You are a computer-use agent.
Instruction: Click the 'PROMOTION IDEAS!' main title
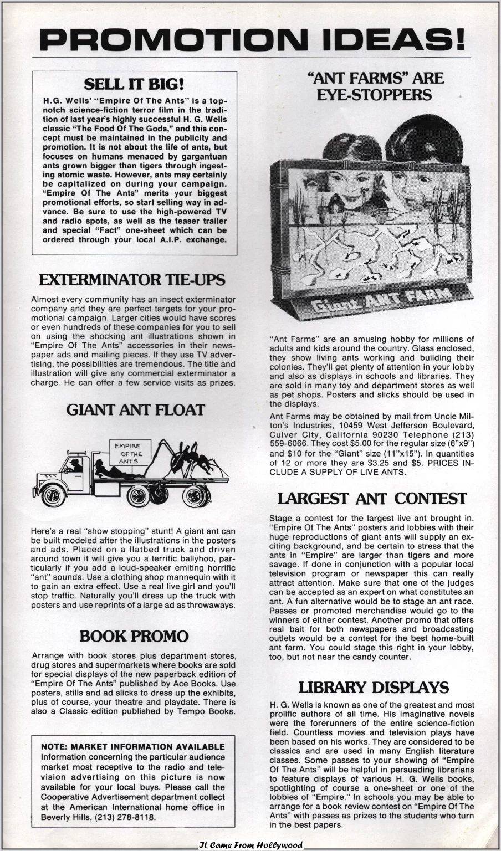pyautogui.click(x=251, y=39)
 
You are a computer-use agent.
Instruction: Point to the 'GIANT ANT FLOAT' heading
pyautogui.click(x=135, y=410)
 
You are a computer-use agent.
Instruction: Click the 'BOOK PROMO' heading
pyautogui.click(x=134, y=636)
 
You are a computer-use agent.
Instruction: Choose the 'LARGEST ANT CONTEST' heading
pyautogui.click(x=372, y=499)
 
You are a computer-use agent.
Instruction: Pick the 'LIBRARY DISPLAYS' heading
pyautogui.click(x=373, y=688)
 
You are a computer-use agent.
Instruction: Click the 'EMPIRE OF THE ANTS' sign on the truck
pyautogui.click(x=128, y=453)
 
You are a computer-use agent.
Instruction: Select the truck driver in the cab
pyautogui.click(x=75, y=465)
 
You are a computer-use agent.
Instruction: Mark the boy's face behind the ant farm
pyautogui.click(x=416, y=183)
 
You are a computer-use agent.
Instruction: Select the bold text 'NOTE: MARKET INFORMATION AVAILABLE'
pyautogui.click(x=133, y=747)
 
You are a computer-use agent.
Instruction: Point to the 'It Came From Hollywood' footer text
pyautogui.click(x=251, y=845)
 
